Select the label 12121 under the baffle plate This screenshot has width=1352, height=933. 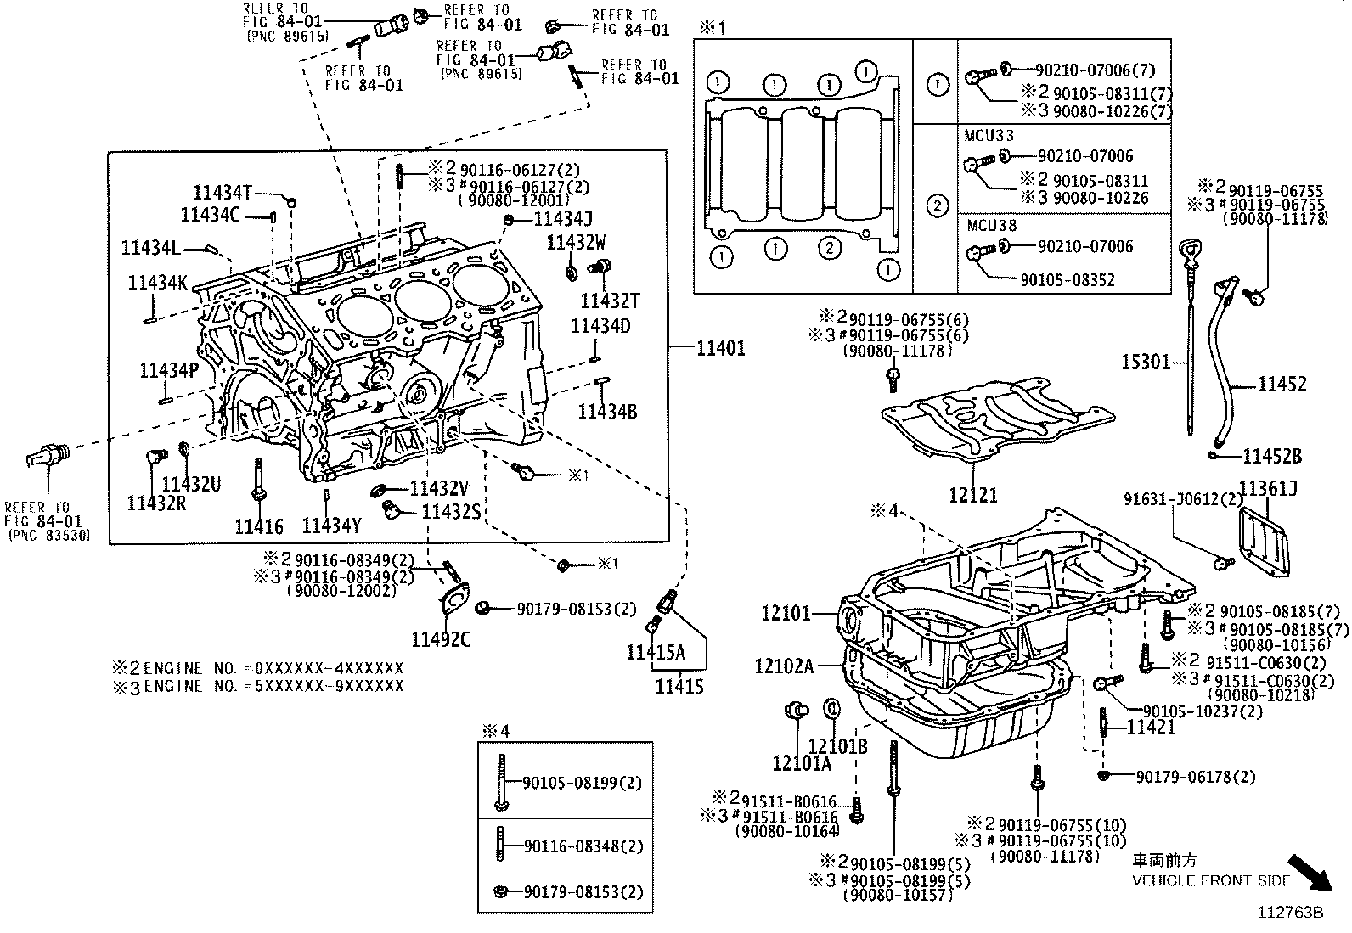(973, 494)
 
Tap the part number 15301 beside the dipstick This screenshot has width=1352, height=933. (1146, 363)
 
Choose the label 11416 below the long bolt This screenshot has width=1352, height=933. (259, 526)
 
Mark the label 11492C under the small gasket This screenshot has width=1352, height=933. (441, 639)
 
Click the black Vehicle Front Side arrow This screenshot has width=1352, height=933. (1313, 874)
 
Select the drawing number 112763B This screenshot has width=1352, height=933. (1291, 913)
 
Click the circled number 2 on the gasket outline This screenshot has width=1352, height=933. (830, 248)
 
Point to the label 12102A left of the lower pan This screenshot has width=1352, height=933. (784, 666)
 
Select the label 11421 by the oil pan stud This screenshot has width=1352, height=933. (1151, 727)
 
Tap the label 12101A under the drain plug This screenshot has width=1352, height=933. (802, 763)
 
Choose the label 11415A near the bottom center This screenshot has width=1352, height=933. (655, 651)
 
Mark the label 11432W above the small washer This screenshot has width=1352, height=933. (577, 242)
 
